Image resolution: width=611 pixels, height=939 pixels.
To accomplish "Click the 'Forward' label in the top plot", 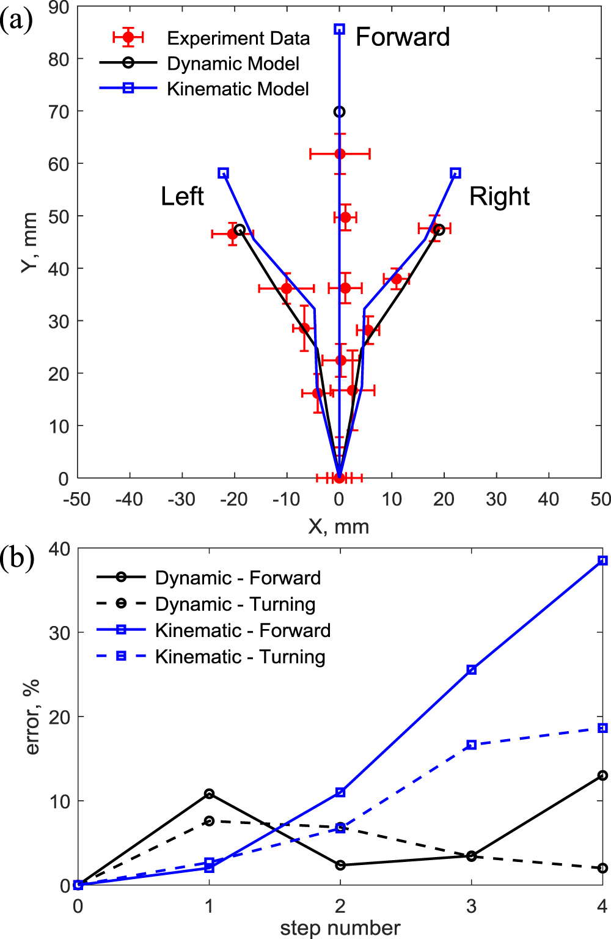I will (403, 37).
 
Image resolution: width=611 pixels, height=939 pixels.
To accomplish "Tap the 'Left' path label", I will (182, 197).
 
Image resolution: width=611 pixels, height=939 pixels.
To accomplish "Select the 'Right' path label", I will (499, 197).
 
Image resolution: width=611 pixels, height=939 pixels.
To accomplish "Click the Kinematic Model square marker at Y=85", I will (340, 29).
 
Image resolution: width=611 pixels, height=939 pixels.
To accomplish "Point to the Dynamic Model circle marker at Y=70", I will (340, 112).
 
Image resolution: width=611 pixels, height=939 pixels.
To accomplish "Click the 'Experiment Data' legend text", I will (238, 39).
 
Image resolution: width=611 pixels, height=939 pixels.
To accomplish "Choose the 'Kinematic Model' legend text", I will (238, 89).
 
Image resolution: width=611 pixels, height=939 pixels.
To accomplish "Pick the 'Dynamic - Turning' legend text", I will (235, 604).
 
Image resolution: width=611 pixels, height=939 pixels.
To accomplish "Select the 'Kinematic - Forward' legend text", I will (243, 630).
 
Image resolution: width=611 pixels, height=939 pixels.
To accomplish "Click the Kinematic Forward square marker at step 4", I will (602, 561).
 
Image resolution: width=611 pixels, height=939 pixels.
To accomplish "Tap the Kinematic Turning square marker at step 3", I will (471, 745).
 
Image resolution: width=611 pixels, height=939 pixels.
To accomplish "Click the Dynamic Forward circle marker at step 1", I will (209, 794).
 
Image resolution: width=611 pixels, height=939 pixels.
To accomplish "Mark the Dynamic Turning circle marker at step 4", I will (602, 868).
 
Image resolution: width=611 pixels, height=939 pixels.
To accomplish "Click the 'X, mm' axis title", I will (338, 526).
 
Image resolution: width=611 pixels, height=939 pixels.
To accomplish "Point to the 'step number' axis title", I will (340, 928).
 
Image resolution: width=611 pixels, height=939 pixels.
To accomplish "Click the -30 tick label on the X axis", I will (181, 499).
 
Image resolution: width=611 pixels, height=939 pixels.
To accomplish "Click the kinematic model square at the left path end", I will (224, 174).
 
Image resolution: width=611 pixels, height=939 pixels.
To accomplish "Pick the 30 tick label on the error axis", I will (59, 633).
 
